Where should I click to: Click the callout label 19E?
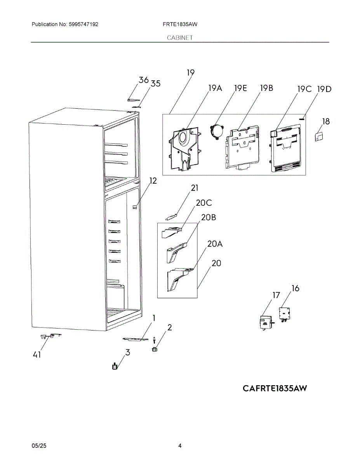[x=240, y=88]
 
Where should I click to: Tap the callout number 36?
[x=143, y=80]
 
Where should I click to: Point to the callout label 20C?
[x=204, y=203]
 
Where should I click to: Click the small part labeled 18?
[x=319, y=137]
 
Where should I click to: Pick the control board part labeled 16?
[x=285, y=314]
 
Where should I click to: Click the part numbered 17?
[x=266, y=323]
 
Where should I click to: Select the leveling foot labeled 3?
[x=115, y=366]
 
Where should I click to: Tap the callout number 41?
[x=37, y=355]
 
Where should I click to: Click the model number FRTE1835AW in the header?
[x=180, y=24]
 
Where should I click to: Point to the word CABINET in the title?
[x=180, y=38]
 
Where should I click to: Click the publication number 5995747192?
[x=83, y=24]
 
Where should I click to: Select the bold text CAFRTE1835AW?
[x=275, y=388]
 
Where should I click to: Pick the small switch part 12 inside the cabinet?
[x=135, y=207]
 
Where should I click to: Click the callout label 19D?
[x=324, y=89]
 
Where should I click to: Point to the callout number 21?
[x=195, y=188]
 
